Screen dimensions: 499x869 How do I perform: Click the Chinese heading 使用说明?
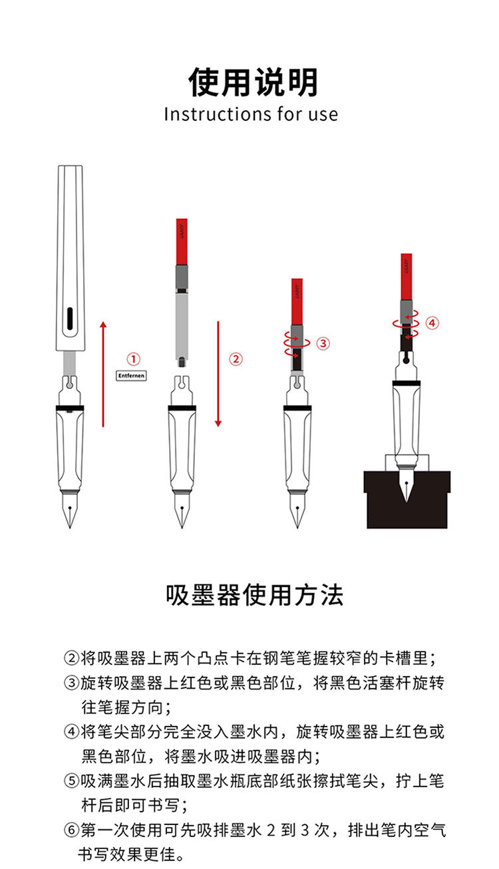(x=253, y=82)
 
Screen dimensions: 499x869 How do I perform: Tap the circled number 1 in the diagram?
(x=134, y=359)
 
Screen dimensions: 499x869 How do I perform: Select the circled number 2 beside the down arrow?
(x=236, y=359)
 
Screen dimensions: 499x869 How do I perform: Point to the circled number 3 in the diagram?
(x=323, y=343)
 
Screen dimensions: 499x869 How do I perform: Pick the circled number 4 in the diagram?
(x=432, y=322)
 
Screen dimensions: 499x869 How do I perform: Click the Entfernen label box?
(x=131, y=376)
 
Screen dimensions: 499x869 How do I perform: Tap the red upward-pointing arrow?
(x=103, y=374)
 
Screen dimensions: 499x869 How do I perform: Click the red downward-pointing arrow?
(x=218, y=374)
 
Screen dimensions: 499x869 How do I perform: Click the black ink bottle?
(x=407, y=500)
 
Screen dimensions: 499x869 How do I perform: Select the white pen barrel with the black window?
(x=71, y=258)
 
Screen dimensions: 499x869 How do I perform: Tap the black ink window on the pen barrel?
(x=70, y=319)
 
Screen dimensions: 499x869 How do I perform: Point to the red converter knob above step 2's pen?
(x=182, y=242)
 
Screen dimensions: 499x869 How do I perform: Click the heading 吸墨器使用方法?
(x=255, y=596)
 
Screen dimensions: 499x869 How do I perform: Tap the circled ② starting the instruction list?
(x=71, y=658)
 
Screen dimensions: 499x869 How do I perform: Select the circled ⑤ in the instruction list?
(x=71, y=781)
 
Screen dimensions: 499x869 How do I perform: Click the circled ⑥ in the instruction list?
(x=71, y=830)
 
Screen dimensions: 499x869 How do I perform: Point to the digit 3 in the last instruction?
(x=305, y=830)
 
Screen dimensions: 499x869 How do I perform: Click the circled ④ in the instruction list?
(x=71, y=731)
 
